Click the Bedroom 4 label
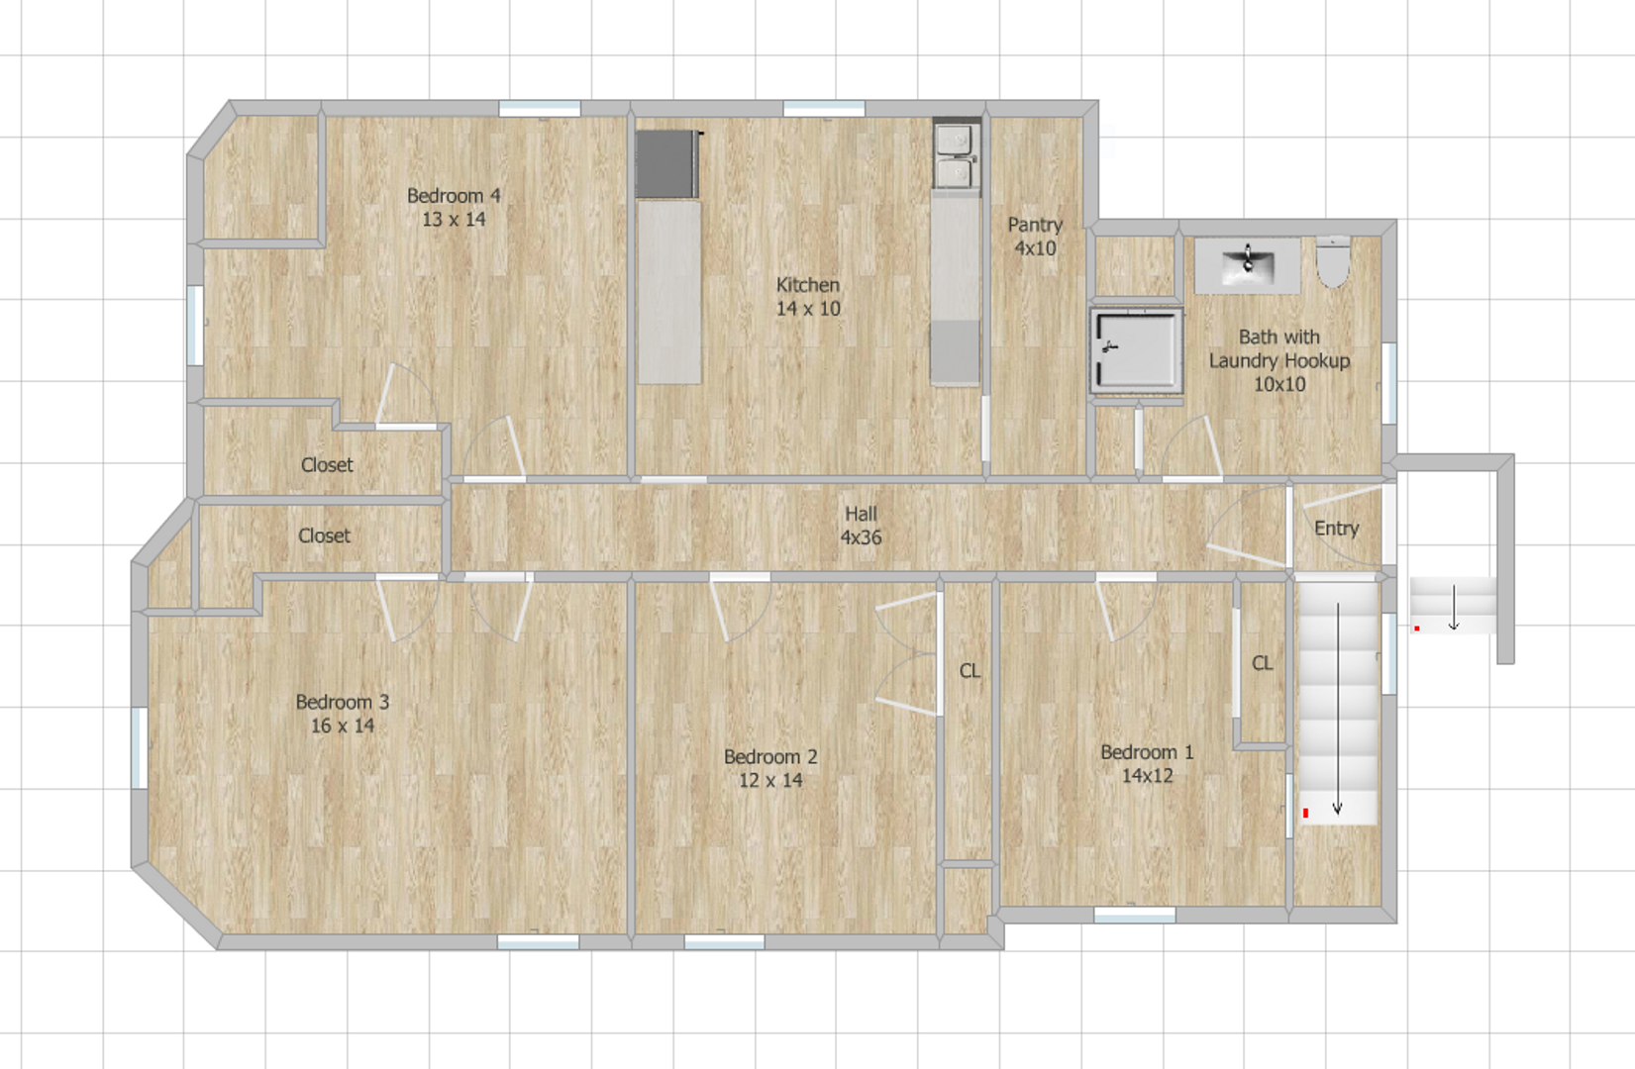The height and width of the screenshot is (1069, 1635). [x=454, y=208]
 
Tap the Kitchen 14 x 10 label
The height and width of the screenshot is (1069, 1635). [x=808, y=297]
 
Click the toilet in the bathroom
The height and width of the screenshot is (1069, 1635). [x=1333, y=261]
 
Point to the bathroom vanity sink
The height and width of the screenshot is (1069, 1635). [x=1247, y=264]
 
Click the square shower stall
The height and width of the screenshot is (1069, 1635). [x=1136, y=350]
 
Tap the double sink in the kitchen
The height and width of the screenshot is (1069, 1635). [x=956, y=155]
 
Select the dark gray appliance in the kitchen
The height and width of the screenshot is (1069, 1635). [x=667, y=163]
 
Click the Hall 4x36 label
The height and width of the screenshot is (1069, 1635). [x=861, y=526]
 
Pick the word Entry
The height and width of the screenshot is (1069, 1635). [x=1336, y=529]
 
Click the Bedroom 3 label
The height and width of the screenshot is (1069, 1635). [x=343, y=714]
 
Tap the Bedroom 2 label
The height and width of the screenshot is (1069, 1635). [x=770, y=768]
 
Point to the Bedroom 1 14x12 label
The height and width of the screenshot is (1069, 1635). [x=1147, y=764]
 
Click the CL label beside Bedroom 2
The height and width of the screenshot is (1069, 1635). [x=970, y=671]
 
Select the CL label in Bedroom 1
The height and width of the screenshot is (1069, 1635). [x=1262, y=663]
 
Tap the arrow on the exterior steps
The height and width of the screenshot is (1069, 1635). [x=1454, y=607]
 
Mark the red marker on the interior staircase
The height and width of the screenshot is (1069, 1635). [x=1306, y=813]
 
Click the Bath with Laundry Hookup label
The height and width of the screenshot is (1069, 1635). [x=1278, y=360]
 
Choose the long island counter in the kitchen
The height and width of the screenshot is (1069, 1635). [x=669, y=292]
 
